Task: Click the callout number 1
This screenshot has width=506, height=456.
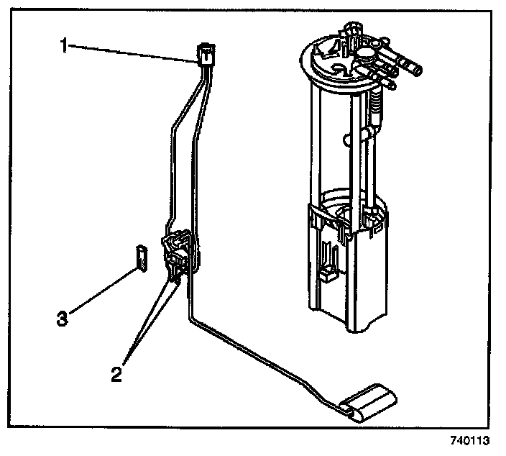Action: (x=64, y=45)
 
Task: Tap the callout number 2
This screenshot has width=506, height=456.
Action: (x=116, y=374)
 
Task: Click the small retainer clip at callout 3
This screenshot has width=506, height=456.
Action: (x=142, y=257)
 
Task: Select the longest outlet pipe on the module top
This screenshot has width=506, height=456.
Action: (x=406, y=68)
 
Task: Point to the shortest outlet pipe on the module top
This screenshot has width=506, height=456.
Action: (x=387, y=83)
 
